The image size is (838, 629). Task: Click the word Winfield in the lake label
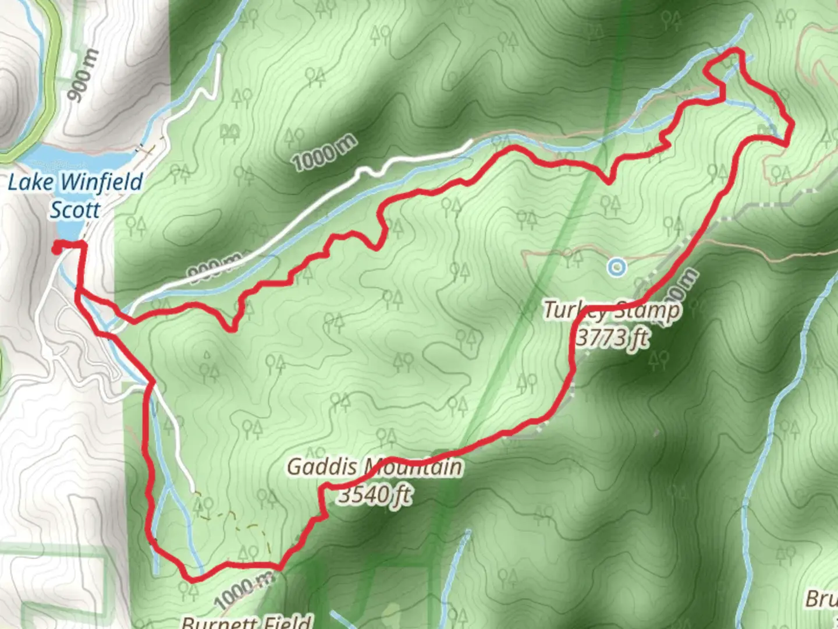pos(102,182)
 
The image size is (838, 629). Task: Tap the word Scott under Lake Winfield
pos(75,210)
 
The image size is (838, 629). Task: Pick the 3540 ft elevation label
pos(375,495)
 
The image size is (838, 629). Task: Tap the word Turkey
pos(575,310)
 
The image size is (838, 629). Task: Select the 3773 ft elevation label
pos(612,337)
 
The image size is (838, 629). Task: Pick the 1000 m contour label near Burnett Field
pos(243,589)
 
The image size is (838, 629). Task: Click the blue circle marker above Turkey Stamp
pos(616,267)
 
